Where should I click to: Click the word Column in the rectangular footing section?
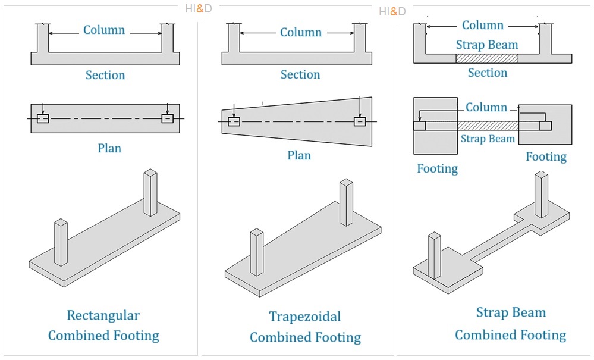[x=104, y=30]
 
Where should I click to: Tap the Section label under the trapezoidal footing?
[x=300, y=74]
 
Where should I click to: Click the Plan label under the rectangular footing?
[x=109, y=148]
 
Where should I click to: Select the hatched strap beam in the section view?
[x=486, y=58]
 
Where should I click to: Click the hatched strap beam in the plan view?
[x=488, y=126]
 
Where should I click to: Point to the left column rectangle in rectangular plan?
[x=43, y=118]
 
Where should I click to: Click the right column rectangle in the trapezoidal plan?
[x=359, y=121]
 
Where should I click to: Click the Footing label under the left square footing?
[x=437, y=168]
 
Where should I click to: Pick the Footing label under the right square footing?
[x=546, y=156]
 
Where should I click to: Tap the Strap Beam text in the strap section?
[x=487, y=45]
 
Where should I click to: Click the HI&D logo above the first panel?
[x=199, y=9]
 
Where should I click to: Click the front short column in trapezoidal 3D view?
[x=256, y=252]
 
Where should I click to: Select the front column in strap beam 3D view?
[x=434, y=256]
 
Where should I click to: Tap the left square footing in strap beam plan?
[x=435, y=143]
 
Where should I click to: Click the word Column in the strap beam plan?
[x=486, y=107]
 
